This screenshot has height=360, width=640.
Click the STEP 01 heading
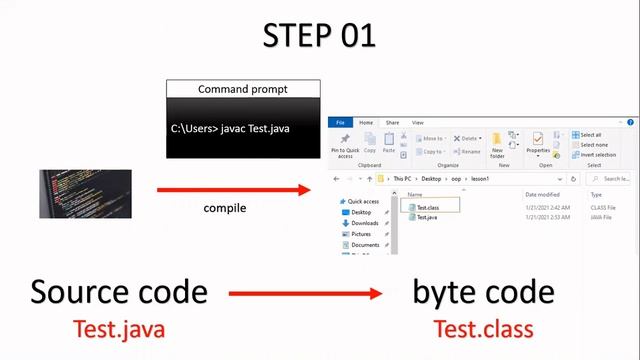[319, 35]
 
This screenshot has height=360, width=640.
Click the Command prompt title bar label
[243, 89]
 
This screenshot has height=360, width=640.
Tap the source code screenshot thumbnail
[85, 194]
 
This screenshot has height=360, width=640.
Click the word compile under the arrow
[225, 208]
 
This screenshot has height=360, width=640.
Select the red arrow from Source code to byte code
[306, 294]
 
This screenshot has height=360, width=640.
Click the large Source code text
[119, 292]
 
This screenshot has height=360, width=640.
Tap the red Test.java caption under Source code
[118, 329]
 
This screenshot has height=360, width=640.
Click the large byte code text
[483, 292]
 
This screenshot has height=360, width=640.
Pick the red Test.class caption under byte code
[483, 329]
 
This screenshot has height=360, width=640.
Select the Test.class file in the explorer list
[428, 207]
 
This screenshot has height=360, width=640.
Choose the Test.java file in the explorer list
[427, 217]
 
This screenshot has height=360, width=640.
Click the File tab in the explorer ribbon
[341, 122]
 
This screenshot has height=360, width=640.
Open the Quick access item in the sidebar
[363, 201]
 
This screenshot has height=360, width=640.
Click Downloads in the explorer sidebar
[364, 223]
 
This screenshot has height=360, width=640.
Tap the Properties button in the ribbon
[538, 144]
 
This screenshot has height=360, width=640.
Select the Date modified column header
[542, 194]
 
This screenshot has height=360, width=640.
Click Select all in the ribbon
[590, 134]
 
